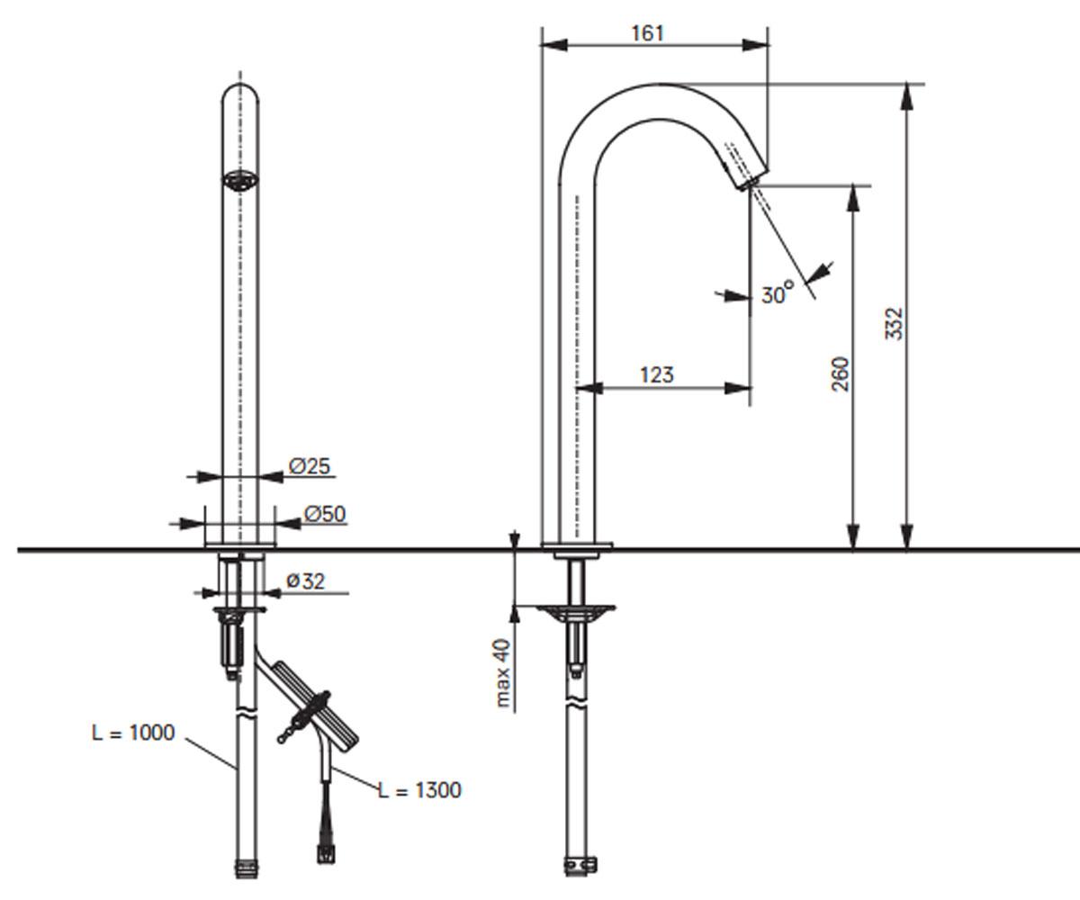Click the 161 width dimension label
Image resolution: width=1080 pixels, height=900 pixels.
click(648, 33)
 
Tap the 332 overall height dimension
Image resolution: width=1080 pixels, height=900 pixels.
click(894, 324)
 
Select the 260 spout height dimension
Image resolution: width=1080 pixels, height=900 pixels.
click(841, 374)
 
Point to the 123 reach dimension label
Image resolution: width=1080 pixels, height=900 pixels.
click(657, 374)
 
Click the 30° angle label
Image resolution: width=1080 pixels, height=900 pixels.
click(778, 292)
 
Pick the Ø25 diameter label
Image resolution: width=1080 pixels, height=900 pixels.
click(309, 466)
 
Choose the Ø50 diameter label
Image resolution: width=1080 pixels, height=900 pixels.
click(325, 514)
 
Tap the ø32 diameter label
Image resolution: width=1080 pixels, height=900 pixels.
click(305, 581)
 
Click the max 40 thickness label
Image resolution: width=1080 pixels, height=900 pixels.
click(503, 673)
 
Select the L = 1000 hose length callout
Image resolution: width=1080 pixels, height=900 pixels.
click(133, 733)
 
